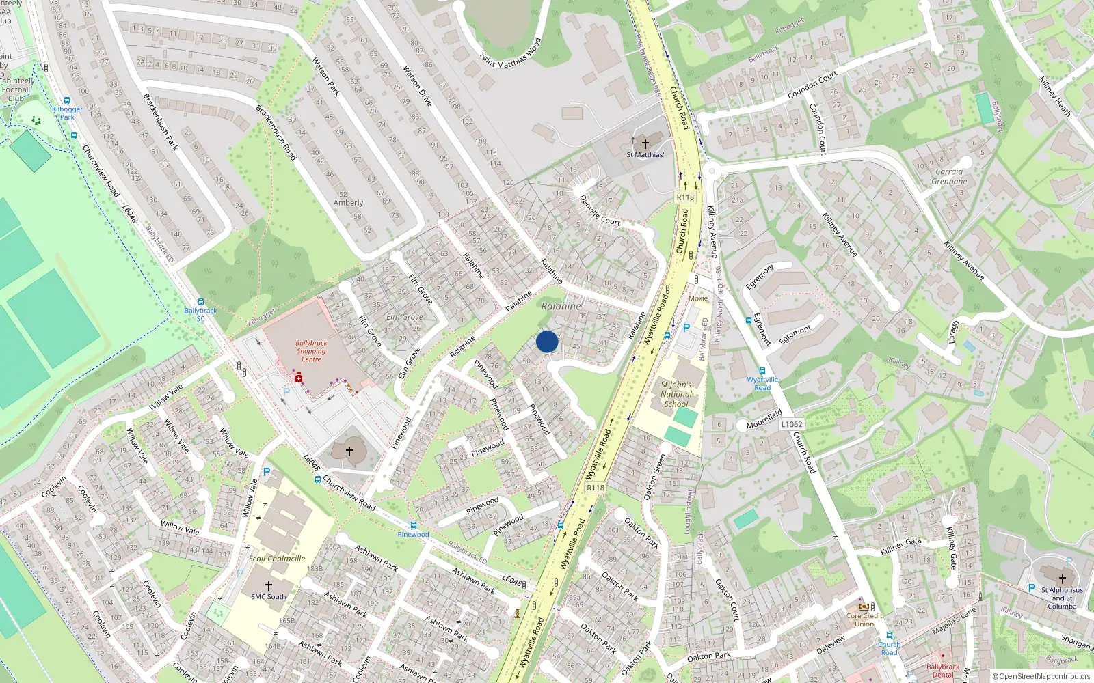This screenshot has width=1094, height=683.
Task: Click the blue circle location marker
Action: tap(547, 341)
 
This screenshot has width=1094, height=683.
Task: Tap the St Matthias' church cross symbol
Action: tap(645, 144)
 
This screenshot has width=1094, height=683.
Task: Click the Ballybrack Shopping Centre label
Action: tap(311, 351)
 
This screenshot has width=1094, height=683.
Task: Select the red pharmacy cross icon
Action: tap(299, 378)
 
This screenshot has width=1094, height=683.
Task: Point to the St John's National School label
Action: tap(676, 394)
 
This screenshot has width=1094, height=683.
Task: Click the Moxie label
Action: tap(698, 298)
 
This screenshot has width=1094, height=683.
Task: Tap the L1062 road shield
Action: tap(792, 424)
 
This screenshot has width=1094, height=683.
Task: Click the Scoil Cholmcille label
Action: tap(277, 559)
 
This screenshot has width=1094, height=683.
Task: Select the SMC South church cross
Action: tap(269, 585)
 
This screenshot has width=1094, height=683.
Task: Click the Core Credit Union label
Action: tap(864, 619)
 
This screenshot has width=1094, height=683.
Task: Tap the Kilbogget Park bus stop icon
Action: tap(66, 100)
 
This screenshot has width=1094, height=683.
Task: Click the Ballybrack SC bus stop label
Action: tap(200, 314)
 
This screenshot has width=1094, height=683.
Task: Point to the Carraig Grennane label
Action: tap(949, 177)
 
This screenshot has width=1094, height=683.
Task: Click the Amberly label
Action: tap(348, 203)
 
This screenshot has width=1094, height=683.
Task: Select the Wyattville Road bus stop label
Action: tap(762, 383)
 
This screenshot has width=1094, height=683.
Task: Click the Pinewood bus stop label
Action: tap(413, 535)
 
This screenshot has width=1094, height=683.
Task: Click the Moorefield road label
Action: tap(764, 419)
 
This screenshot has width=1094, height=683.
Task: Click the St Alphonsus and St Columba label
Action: tap(1062, 598)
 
